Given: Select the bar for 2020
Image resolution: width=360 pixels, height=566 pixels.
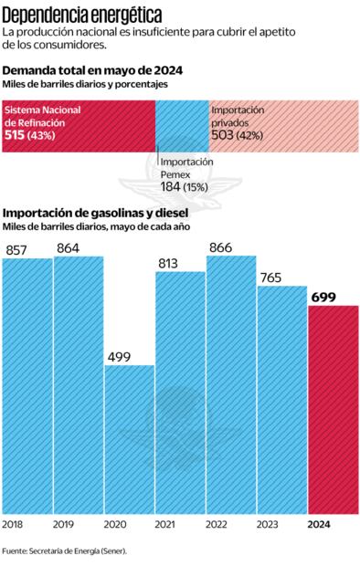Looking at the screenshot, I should [x=128, y=438].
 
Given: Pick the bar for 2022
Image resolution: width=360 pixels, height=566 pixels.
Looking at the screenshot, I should [x=229, y=383].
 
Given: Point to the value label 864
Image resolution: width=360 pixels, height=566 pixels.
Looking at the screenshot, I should [x=69, y=247].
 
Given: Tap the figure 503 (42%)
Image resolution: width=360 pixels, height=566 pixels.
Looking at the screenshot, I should [x=238, y=135].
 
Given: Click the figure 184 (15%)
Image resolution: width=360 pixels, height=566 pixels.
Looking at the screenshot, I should [x=184, y=186].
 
